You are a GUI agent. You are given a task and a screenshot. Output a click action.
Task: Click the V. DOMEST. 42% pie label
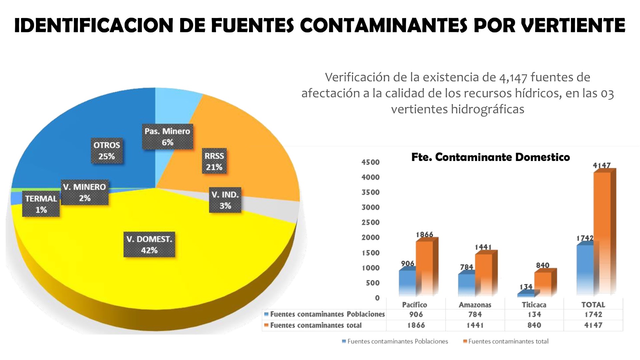(149, 245)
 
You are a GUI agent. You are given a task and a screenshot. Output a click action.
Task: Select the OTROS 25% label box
(107, 151)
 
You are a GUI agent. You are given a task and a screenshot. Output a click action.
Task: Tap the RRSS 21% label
(214, 161)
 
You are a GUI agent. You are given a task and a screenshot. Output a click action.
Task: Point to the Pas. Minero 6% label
(167, 137)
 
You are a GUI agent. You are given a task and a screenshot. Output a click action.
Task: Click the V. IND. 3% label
(225, 200)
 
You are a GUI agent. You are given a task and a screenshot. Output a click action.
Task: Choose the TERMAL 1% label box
(41, 204)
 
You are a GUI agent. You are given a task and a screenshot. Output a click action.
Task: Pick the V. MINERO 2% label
(85, 192)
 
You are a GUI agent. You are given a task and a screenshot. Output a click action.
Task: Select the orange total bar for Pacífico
(424, 267)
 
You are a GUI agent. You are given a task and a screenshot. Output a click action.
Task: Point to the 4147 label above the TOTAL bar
(601, 165)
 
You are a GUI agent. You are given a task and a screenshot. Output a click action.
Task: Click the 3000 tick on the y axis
(371, 207)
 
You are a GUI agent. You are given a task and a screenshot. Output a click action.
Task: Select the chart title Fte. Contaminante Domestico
(490, 157)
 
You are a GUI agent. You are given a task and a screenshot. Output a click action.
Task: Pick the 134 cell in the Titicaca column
(534, 314)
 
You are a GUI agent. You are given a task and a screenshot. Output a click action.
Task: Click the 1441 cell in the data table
(475, 325)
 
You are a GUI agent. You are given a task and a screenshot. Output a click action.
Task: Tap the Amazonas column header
(475, 305)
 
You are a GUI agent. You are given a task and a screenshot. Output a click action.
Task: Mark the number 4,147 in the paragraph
(513, 78)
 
